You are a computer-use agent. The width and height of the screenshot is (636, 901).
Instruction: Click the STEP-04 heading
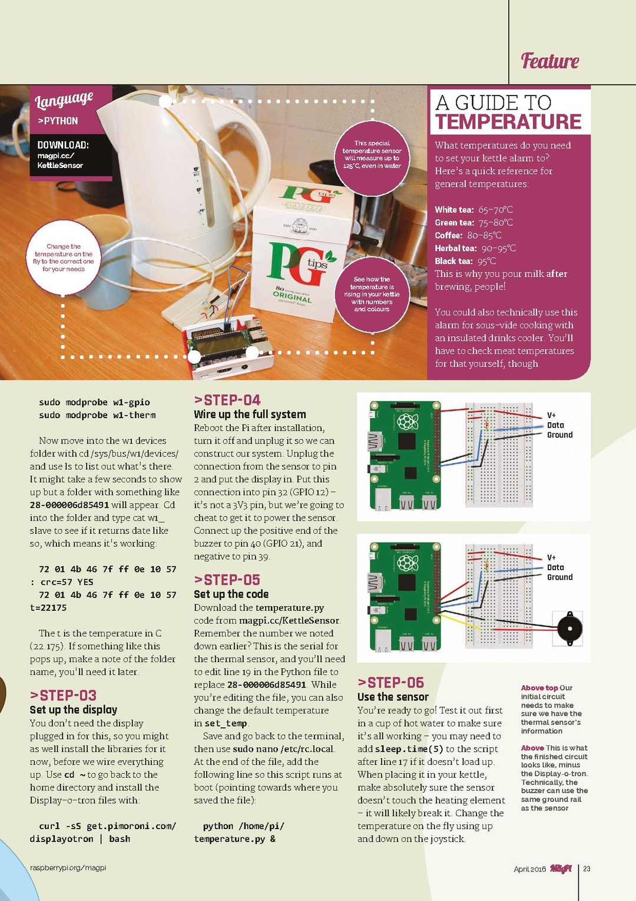click(x=227, y=400)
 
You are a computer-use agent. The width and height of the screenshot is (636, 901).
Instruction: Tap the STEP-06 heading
click(x=390, y=683)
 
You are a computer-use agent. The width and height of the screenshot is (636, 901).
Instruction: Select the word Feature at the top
click(x=549, y=61)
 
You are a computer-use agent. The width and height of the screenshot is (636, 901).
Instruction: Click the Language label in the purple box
click(x=64, y=100)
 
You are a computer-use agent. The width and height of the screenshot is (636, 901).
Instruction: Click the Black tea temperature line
click(x=465, y=261)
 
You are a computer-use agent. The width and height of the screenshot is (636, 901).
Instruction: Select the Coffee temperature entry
click(x=468, y=235)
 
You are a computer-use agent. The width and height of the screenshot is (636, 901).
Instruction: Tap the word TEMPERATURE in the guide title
click(x=508, y=122)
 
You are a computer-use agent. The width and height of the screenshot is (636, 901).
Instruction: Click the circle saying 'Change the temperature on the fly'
click(x=63, y=258)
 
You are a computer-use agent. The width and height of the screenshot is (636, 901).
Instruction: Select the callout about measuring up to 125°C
click(x=372, y=154)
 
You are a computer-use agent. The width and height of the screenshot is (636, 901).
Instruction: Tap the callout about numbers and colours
click(x=372, y=294)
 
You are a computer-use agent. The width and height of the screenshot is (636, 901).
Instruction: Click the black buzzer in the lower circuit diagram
click(x=569, y=629)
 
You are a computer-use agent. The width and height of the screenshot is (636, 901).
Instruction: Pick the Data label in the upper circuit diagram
click(x=555, y=425)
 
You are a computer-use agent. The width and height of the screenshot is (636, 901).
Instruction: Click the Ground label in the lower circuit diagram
click(x=559, y=577)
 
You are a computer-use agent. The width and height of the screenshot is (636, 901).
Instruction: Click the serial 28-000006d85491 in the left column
click(x=69, y=505)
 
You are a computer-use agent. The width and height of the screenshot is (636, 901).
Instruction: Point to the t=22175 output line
click(x=48, y=607)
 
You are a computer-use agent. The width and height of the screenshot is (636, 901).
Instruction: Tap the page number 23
click(x=587, y=869)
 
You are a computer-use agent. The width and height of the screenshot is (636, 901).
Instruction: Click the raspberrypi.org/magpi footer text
click(x=68, y=868)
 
